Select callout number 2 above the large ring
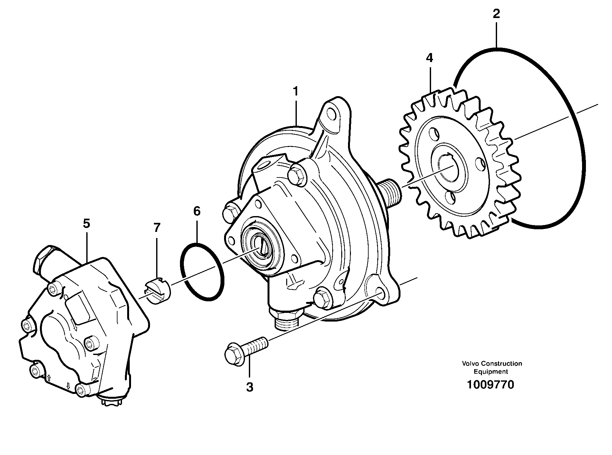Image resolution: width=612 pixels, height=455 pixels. [496, 14]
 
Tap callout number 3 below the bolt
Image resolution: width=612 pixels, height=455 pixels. [250, 387]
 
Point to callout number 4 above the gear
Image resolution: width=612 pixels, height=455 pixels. [429, 58]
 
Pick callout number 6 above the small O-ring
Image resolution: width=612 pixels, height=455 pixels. [197, 211]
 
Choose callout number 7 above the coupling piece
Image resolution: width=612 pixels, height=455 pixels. [157, 228]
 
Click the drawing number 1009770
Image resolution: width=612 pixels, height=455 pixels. [491, 385]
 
